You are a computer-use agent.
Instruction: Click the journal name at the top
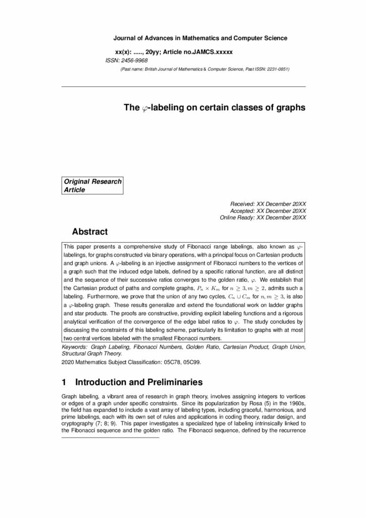[200, 38]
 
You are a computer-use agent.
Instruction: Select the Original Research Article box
[93, 186]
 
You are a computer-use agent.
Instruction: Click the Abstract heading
[90, 232]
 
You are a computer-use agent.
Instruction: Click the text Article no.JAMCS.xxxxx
[201, 52]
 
